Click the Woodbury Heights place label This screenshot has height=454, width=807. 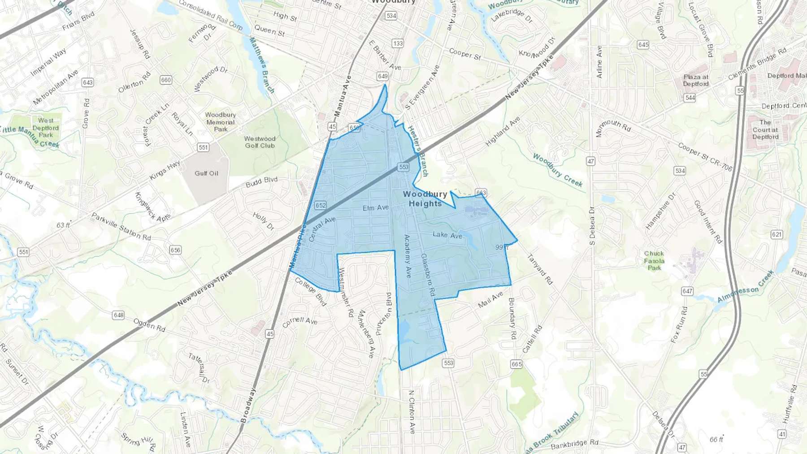(x=425, y=199)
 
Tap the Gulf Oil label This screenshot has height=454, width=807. (x=206, y=173)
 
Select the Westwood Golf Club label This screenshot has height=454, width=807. (x=260, y=142)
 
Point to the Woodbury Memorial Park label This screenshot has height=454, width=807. (x=220, y=122)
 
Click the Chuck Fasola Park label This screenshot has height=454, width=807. (x=654, y=260)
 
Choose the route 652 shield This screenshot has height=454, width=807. (x=320, y=206)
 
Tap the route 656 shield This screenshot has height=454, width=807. (x=175, y=250)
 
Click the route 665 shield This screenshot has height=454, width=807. (x=516, y=364)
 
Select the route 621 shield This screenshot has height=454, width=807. (x=777, y=234)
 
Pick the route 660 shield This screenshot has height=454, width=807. (x=166, y=80)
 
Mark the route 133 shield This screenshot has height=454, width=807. (x=398, y=43)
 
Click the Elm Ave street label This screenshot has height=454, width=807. (x=376, y=208)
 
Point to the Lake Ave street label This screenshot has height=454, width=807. (x=447, y=235)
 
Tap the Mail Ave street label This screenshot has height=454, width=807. (x=490, y=300)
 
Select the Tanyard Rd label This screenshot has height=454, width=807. (x=539, y=269)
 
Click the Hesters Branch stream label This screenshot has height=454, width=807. (x=418, y=151)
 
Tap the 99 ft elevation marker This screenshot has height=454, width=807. (x=502, y=247)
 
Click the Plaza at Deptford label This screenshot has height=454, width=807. (x=696, y=80)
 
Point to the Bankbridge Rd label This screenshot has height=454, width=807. (x=574, y=444)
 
